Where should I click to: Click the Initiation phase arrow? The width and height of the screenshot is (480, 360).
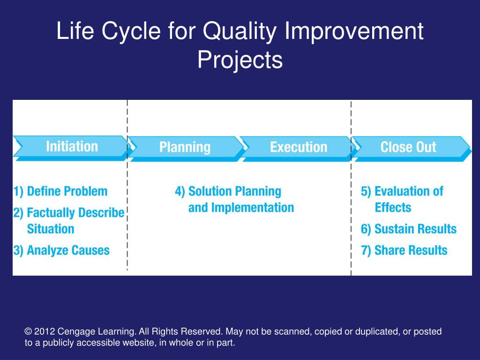tap(72, 148)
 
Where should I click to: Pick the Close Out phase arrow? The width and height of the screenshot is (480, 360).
tap(411, 149)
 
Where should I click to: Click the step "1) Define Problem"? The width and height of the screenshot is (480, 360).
tap(60, 191)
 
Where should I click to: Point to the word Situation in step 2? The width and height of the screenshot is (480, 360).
tap(51, 229)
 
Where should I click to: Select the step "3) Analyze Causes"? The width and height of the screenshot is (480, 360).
tap(61, 250)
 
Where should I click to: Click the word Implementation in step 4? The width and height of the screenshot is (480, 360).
tap(253, 208)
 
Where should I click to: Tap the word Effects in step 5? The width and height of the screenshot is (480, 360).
tap(393, 208)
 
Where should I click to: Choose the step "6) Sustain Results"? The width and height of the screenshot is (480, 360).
tap(409, 229)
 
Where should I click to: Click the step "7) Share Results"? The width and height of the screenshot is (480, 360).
tap(404, 250)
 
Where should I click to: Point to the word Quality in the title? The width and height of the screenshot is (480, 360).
tap(240, 31)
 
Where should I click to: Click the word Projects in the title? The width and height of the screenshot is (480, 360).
tap(240, 60)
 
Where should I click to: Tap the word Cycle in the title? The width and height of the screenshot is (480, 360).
tap(131, 31)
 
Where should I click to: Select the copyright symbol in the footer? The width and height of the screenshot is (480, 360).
tap(28, 331)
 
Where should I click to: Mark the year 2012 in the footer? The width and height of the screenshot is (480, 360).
tap(45, 331)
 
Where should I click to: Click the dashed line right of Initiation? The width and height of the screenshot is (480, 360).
tap(127, 185)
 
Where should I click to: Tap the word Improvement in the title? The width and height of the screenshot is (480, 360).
tap(354, 31)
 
